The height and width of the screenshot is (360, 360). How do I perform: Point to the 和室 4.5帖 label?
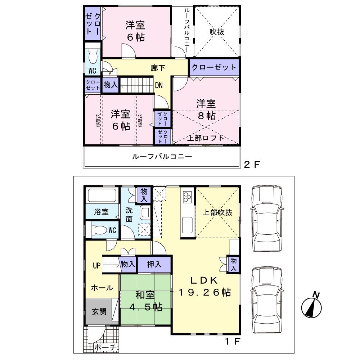(x=145, y=301)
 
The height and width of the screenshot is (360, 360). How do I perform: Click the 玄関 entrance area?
(x=99, y=311)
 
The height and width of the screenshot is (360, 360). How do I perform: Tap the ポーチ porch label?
(x=106, y=348)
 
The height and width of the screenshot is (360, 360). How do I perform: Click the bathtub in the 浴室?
(x=102, y=197)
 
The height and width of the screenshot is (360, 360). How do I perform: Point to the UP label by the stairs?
(x=96, y=266)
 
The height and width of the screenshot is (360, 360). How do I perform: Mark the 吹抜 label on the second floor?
(x=217, y=32)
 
